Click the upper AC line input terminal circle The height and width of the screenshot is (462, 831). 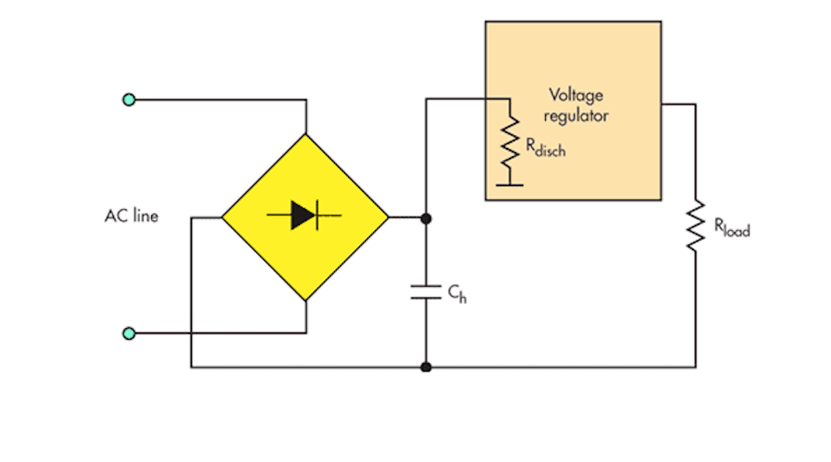click(129, 100)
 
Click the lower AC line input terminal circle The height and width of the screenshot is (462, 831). click(129, 333)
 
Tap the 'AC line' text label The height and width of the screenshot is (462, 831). click(131, 217)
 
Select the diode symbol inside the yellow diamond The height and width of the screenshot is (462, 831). click(304, 216)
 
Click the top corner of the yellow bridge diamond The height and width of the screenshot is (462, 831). click(306, 135)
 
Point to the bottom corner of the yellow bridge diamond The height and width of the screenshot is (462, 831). click(306, 299)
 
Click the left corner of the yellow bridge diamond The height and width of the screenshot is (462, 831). click(224, 218)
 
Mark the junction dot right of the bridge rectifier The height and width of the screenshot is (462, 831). click(426, 218)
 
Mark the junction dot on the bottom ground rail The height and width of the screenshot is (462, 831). click(426, 366)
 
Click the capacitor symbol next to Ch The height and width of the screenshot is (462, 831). click(426, 291)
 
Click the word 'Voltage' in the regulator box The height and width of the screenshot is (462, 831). click(573, 96)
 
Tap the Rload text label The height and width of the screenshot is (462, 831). click(731, 227)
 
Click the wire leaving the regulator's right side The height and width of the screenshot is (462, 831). click(679, 105)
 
